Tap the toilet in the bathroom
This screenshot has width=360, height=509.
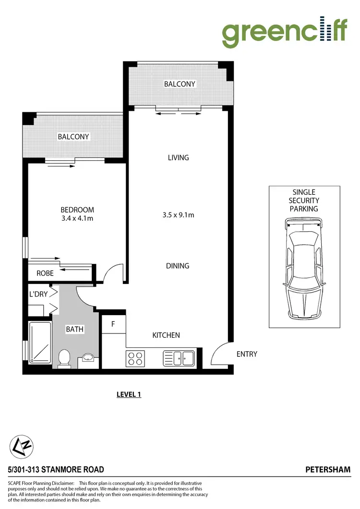point(64,358)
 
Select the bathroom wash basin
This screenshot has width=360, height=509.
point(88,358)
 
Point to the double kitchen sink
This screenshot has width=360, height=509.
point(179,357)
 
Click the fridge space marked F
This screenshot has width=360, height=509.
point(114,324)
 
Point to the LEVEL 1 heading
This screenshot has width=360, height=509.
point(129,395)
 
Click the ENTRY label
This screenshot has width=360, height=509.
point(247,354)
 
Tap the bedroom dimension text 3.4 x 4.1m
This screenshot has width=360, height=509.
point(77,219)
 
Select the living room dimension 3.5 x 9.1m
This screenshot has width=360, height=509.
point(178,215)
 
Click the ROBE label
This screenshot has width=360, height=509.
point(45,273)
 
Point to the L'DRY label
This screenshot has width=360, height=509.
point(38,294)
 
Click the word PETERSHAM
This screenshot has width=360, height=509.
point(328,470)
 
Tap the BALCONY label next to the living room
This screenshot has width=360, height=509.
point(180,84)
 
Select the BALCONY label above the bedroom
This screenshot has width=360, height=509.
point(73,137)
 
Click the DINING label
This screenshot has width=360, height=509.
point(178,266)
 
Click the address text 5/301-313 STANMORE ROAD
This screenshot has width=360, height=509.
point(56,470)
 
